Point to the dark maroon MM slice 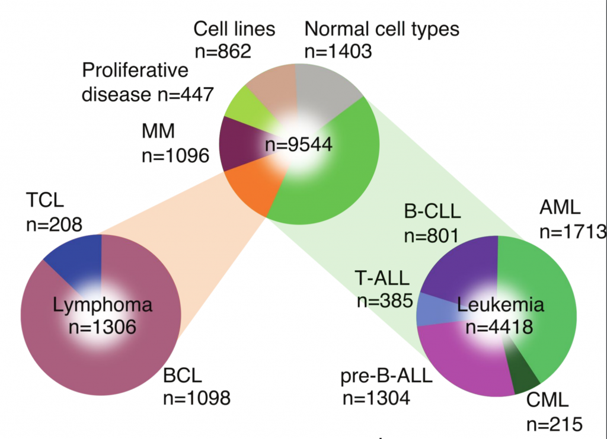(240, 143)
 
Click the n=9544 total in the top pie (299, 145)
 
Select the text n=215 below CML (554, 424)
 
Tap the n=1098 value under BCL (197, 398)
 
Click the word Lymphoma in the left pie (103, 305)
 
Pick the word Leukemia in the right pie (500, 305)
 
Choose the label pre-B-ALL (386, 376)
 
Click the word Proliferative (135, 71)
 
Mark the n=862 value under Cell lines (223, 51)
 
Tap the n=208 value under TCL (54, 225)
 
